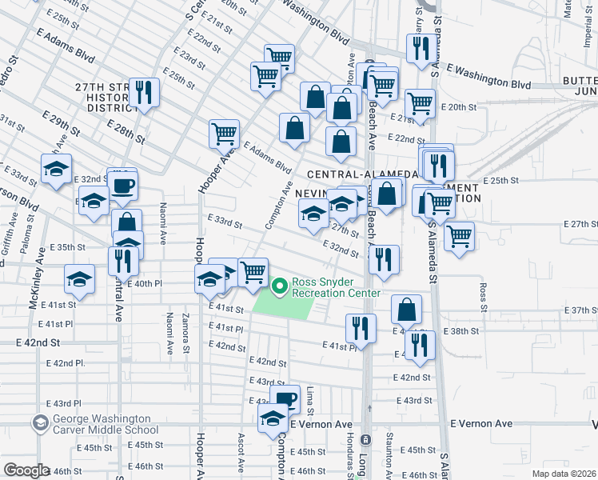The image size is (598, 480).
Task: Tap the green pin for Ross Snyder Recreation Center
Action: click(280, 286)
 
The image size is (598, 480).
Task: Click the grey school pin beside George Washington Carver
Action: click(39, 422)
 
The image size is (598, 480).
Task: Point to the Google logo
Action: click(26, 470)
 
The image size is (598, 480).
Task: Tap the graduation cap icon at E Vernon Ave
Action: click(273, 417)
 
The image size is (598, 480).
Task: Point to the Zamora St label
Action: click(185, 334)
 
